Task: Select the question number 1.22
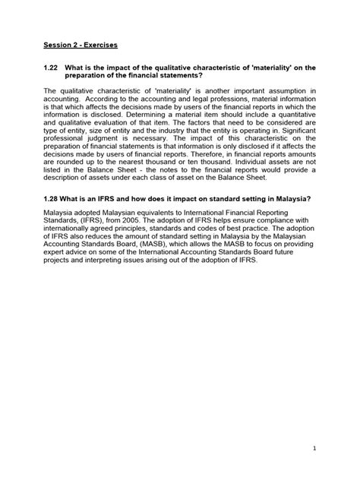[x=52, y=68]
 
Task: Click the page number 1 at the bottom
[x=313, y=448]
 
